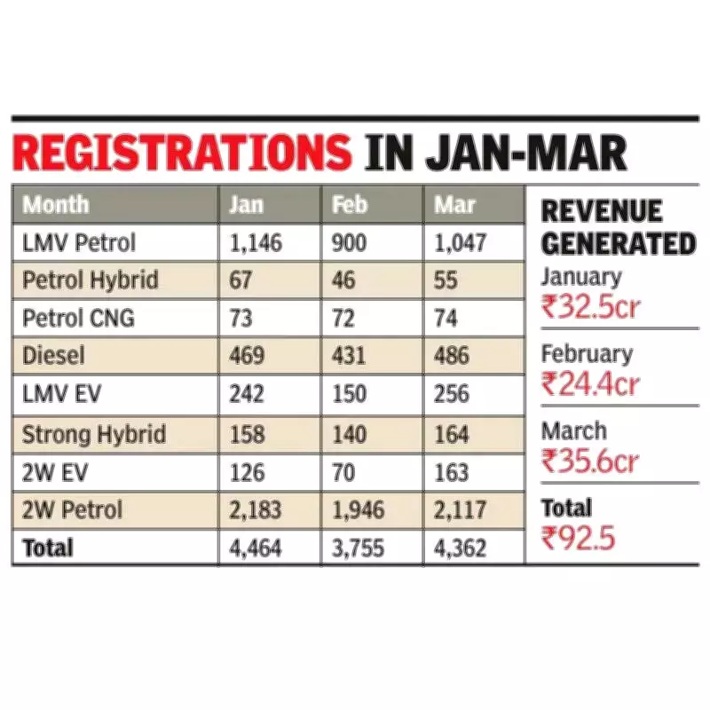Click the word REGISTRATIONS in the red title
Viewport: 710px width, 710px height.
click(183, 153)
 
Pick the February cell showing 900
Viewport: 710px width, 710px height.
click(348, 242)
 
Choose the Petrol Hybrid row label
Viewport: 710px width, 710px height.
click(91, 280)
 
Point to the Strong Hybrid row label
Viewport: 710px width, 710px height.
click(94, 434)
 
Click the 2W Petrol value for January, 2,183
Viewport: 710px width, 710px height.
click(255, 510)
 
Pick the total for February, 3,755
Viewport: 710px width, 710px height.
click(358, 548)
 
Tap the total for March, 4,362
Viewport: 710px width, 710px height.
click(461, 548)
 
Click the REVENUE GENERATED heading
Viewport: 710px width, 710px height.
click(618, 227)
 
